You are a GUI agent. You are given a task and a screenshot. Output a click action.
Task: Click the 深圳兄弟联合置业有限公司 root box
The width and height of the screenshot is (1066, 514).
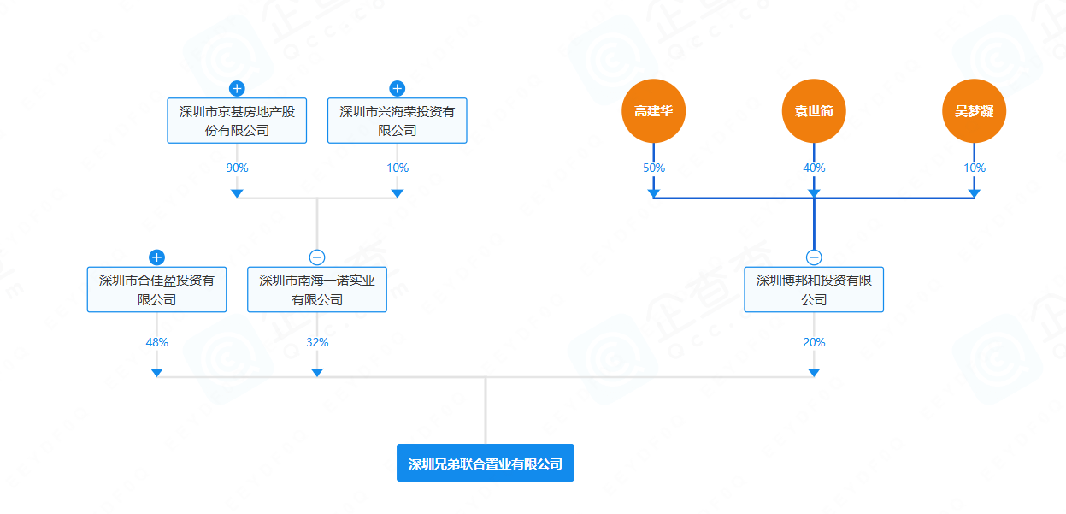485,463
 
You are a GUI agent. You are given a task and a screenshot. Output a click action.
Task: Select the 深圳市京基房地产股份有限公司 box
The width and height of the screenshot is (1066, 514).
237,121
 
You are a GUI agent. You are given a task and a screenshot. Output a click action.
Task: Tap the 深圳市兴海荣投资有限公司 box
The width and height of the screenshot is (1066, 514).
397,121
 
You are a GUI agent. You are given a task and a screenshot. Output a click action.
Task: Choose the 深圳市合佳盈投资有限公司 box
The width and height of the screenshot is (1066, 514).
156,289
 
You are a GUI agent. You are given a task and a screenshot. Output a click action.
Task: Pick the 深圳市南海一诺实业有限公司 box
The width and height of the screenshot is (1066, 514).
317,289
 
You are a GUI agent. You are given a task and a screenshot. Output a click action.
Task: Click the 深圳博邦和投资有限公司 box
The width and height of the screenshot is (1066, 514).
814,289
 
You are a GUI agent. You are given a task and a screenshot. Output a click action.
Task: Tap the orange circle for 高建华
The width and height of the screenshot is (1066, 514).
654,111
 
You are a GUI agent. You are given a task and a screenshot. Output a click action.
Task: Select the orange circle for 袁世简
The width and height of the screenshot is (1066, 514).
814,111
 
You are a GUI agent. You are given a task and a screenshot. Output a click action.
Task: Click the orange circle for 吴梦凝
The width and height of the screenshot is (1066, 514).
974,111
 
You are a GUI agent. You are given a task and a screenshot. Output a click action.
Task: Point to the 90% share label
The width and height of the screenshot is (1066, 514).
237,168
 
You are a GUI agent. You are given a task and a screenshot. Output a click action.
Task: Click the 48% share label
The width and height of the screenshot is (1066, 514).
156,342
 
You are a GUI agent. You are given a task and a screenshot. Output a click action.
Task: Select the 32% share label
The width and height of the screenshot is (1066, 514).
317,342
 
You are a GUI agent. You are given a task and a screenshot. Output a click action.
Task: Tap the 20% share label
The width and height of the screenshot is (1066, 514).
814,342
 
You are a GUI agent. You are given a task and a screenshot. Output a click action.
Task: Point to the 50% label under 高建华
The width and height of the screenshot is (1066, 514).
654,168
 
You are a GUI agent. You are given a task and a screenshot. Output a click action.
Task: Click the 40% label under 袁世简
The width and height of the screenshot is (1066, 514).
814,168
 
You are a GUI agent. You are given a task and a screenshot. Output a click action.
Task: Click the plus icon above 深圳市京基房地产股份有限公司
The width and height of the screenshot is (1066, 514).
237,88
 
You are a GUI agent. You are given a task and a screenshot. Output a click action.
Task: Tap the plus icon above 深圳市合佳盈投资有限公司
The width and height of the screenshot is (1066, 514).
156,257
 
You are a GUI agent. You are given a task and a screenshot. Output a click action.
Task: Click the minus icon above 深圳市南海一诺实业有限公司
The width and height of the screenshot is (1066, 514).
317,257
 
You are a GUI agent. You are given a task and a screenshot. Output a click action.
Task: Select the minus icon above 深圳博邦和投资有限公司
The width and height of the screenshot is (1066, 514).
814,257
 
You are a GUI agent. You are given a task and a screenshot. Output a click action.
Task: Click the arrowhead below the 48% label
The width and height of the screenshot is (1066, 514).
156,372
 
